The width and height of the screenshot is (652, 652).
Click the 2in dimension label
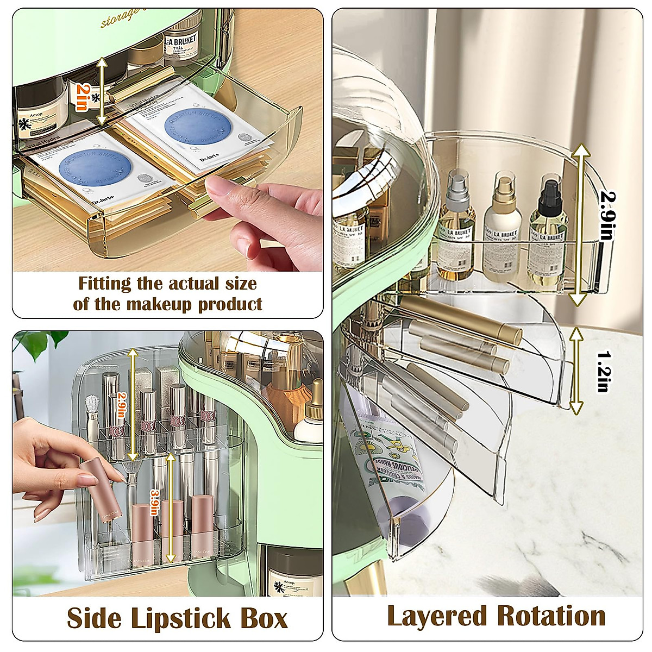click(81, 97)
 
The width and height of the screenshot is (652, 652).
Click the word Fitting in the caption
click(104, 284)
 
